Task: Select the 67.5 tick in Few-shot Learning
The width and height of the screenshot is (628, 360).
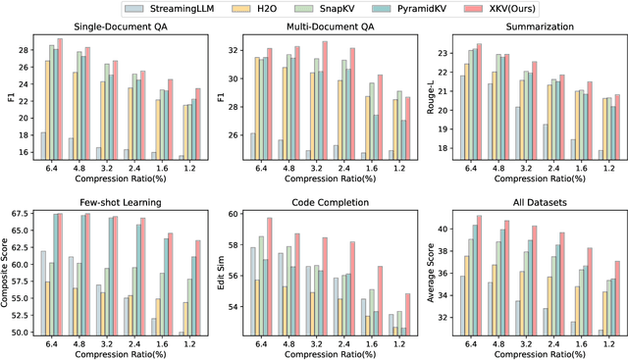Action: point(21,213)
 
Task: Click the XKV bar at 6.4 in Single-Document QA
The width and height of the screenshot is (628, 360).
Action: point(60,98)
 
